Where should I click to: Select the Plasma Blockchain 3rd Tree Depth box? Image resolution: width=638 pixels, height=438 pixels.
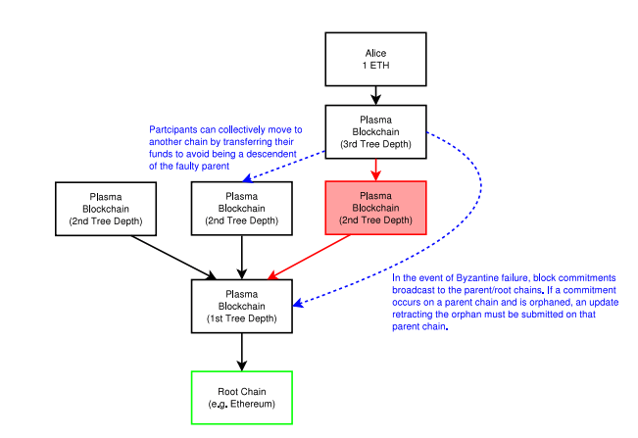coord(375,131)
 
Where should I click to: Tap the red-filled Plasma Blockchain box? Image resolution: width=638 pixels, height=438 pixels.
coord(375,208)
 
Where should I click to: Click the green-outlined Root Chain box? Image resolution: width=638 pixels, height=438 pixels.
coord(241,397)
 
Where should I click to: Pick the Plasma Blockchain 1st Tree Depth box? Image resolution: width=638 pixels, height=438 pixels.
coord(241,306)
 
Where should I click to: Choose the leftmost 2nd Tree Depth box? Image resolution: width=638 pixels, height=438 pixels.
coord(106,208)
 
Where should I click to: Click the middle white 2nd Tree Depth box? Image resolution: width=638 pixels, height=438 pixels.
coord(241,208)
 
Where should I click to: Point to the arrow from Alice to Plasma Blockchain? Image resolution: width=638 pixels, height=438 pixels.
coord(375,94)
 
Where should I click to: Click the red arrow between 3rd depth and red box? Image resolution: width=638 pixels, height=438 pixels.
coord(375,170)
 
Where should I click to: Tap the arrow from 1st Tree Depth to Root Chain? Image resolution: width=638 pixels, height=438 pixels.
coord(241,352)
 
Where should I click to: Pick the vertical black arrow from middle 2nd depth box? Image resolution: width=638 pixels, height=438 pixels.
coord(241,257)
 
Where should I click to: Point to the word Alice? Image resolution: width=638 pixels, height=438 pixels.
coord(375,52)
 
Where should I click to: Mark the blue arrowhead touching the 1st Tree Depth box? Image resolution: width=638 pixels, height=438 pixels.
coord(297,305)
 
